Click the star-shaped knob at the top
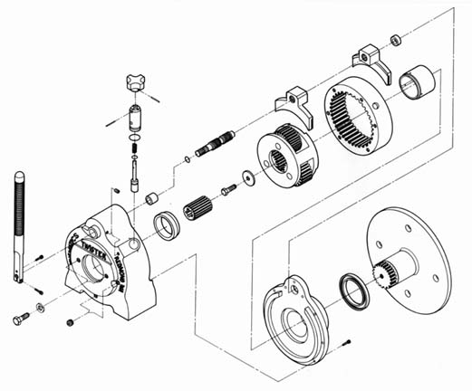(x=137, y=83)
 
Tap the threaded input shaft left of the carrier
(x=218, y=146)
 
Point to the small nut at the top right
(x=396, y=40)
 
